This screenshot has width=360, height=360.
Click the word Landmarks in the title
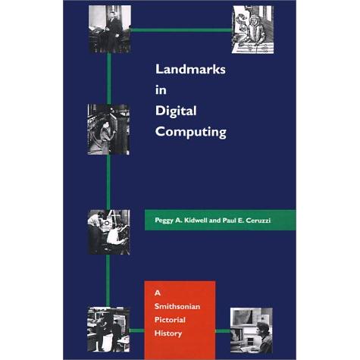pos(190,69)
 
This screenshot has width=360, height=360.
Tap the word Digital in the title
pos(176,111)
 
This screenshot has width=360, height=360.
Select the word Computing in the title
pos(191,133)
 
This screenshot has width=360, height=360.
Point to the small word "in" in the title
pos(161,90)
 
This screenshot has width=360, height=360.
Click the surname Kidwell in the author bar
pos(196,221)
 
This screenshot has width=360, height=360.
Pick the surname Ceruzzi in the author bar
pos(258,221)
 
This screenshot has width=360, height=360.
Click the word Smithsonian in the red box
pos(177,306)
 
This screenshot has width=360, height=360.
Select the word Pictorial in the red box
pos(170,320)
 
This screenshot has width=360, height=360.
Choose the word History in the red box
pos(168,333)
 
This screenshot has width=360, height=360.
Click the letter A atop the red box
pos(158,293)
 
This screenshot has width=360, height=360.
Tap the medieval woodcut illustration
pos(252,30)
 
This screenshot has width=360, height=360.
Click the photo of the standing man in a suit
pos(110,29)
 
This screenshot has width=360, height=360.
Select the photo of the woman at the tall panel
pos(108,130)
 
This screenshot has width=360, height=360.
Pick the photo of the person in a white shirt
pos(108,232)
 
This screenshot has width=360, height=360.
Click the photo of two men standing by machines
pos(108,330)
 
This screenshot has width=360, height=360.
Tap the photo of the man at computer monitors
pos(252,330)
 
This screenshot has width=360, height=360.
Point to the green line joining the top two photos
pos(181,30)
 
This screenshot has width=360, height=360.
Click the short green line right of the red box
pos(223,331)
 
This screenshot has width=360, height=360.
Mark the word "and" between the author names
pos(214,221)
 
